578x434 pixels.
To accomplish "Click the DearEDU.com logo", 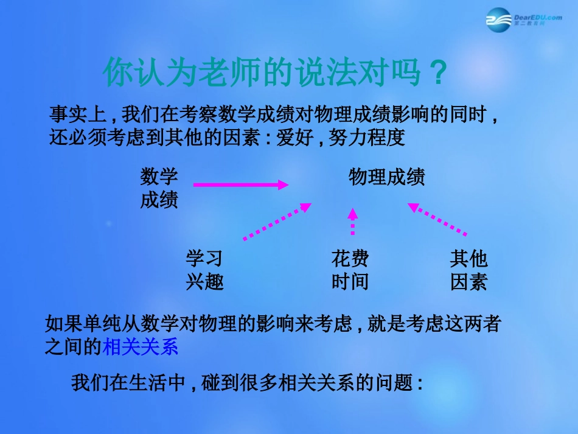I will coord(524,20).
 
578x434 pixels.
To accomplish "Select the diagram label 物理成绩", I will coord(386,177).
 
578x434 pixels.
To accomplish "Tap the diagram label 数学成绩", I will coord(159,188).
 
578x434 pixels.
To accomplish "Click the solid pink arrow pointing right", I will coord(240,184).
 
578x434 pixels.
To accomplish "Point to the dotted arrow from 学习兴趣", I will coord(277,222).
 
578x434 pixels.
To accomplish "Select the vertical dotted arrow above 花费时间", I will coord(352,222).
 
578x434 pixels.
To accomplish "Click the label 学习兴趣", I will coord(204,270).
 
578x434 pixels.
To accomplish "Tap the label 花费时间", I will coord(350,270).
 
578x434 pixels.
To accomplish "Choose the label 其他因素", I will coord(468,270).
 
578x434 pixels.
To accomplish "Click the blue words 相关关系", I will coord(140,347).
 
